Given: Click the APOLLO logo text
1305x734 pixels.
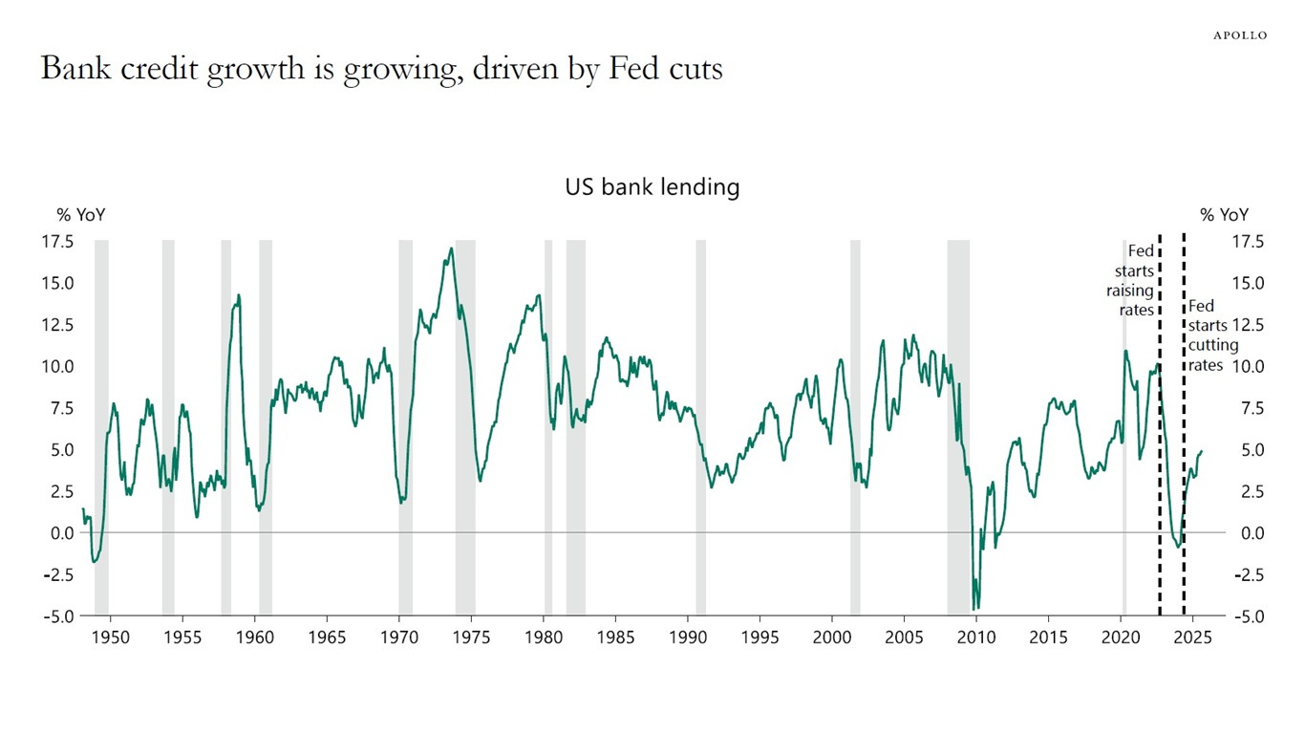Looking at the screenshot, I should (x=1240, y=35).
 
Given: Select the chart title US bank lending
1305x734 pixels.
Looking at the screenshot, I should (x=652, y=187).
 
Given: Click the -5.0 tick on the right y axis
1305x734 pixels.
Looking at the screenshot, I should (x=1245, y=616).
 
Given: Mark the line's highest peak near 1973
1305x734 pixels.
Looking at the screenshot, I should (x=451, y=248).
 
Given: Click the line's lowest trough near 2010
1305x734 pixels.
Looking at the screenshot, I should (x=974, y=609).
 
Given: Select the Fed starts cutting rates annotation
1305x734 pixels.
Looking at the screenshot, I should (x=1209, y=335).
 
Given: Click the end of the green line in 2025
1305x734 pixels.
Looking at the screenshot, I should (x=1202, y=451).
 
